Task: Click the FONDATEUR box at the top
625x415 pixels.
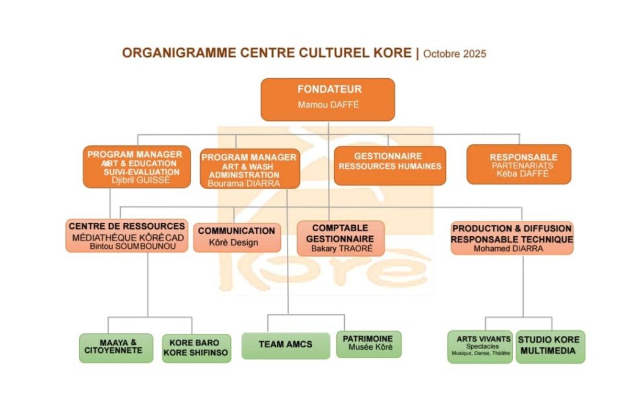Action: coord(328,99)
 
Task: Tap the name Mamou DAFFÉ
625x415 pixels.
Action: coord(328,105)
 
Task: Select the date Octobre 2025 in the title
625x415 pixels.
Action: coord(455,54)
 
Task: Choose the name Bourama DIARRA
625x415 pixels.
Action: coord(244,183)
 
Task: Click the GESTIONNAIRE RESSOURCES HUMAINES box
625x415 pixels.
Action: coord(389,165)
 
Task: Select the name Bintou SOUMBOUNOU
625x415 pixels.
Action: coord(127,246)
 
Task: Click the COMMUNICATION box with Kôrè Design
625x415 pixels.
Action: coord(237,237)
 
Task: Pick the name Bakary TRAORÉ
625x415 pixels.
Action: coord(341,248)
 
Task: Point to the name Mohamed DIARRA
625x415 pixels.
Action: coord(511,248)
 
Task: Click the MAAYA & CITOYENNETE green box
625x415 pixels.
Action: coord(116,347)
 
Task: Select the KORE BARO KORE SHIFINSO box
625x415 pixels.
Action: coord(196,348)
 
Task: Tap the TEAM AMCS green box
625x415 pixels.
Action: coord(285,345)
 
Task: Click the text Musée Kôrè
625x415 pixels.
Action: coord(368,348)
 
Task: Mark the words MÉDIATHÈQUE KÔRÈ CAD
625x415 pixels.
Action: coord(127,237)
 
